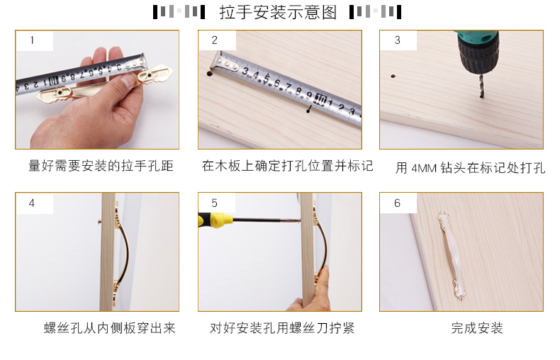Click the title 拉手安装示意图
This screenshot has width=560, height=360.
coord(278,13)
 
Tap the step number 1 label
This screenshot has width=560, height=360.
coord(32,40)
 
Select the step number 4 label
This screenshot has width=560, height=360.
coord(32,203)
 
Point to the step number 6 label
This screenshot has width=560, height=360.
coord(397,203)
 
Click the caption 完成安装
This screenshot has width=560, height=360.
coord(477,328)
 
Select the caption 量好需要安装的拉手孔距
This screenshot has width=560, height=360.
coord(101,166)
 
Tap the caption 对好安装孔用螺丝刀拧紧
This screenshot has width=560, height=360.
coord(282,328)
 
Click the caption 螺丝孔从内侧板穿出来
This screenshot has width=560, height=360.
coord(110,328)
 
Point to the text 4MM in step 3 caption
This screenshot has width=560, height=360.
coord(424,168)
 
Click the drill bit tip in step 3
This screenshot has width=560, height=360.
coord(482,96)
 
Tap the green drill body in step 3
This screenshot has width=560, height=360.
coord(477,35)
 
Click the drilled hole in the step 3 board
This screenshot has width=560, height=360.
coord(393,76)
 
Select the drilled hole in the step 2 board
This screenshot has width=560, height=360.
coord(209,74)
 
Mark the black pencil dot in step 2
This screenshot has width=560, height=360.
coord(308,111)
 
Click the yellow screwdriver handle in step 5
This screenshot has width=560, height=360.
coord(212,219)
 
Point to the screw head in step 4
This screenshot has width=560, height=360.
coord(100,222)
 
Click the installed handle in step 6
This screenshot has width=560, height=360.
coord(451,256)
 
